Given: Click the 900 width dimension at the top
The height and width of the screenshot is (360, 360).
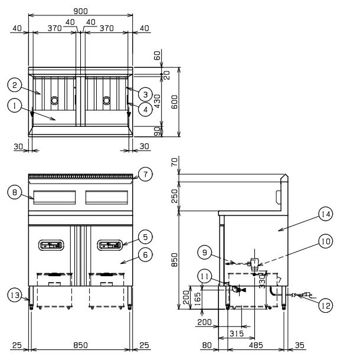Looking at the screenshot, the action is [80, 11].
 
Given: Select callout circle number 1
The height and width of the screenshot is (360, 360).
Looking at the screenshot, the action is [15, 106].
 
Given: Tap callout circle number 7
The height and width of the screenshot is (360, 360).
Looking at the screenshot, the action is [145, 174].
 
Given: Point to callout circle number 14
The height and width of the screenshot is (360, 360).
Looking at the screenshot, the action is [326, 214].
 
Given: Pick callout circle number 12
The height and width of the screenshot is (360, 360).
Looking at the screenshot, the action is [326, 305].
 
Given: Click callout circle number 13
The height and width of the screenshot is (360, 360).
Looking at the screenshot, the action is [15, 295].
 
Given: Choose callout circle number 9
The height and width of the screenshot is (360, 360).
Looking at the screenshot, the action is [205, 253].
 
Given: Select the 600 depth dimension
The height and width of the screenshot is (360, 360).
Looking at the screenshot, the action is [175, 102].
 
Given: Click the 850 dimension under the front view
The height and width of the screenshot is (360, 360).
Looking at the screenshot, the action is [80, 345].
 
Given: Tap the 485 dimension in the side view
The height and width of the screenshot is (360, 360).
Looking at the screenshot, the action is [256, 345].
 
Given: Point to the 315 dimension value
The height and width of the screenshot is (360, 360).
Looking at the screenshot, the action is [237, 333].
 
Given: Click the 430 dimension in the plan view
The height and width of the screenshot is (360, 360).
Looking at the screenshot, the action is [157, 101].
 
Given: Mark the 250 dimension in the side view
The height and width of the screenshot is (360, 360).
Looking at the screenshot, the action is [175, 196].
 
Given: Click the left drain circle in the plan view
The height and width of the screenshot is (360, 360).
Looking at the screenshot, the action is [54, 100].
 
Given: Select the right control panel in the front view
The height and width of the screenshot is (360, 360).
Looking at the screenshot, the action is [110, 245].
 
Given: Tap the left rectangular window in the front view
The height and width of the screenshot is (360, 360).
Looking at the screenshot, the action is [54, 197].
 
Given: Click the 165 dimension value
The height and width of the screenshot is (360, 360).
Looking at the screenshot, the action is [197, 297].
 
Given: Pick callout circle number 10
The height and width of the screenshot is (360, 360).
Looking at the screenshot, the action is [326, 241].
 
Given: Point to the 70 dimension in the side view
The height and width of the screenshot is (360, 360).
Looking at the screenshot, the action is [175, 162].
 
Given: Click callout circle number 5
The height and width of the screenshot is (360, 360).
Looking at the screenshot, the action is [145, 237].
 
